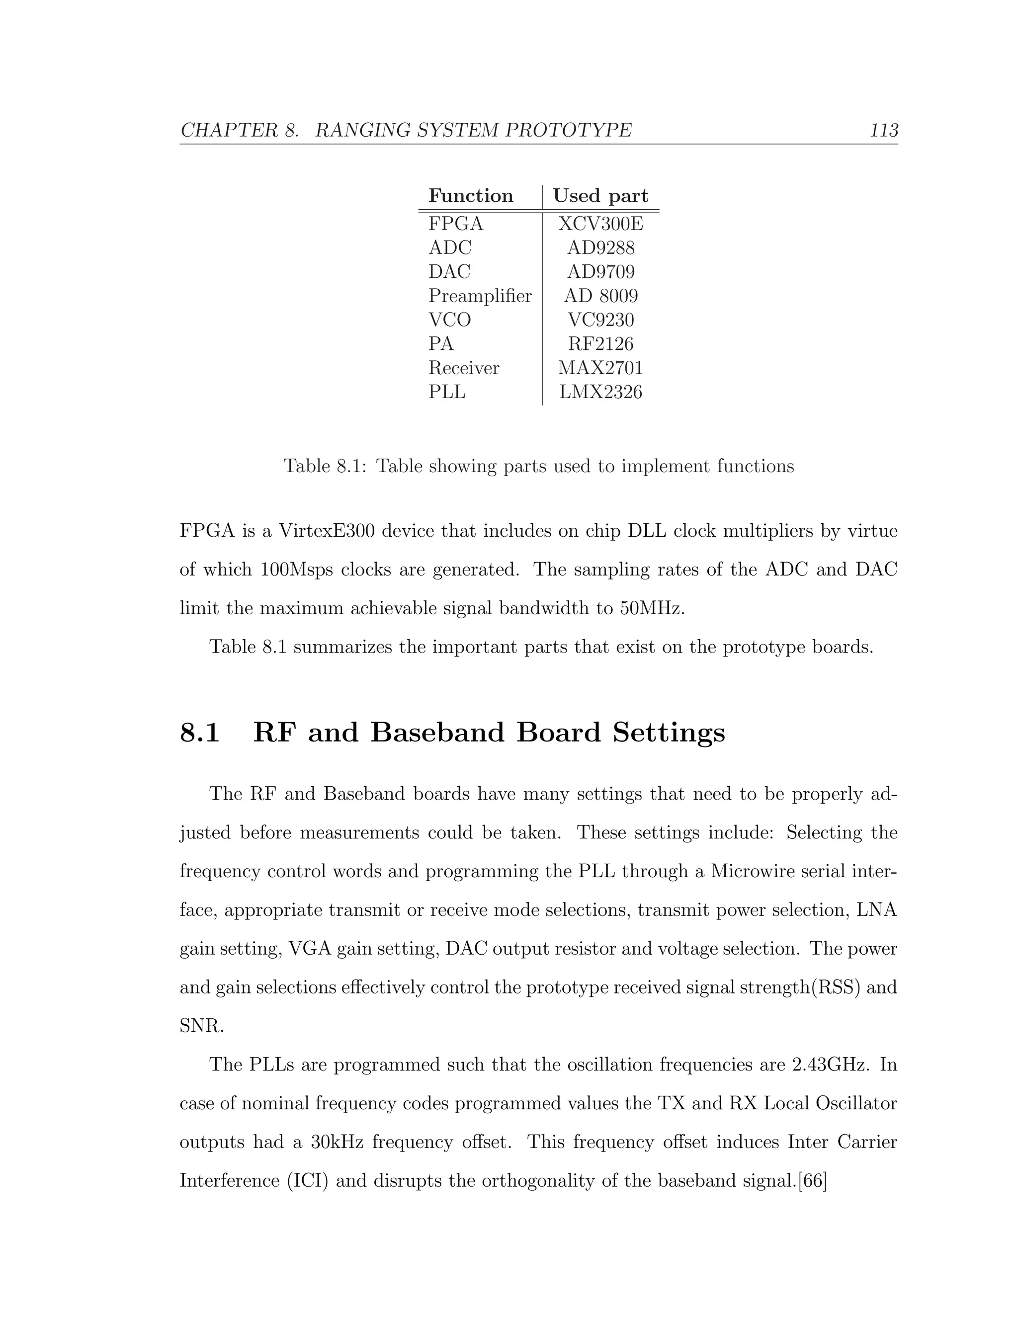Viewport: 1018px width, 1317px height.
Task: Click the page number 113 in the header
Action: pos(883,130)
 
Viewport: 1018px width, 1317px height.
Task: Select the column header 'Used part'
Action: pos(600,196)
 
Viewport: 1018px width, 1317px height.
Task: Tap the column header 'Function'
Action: pos(470,196)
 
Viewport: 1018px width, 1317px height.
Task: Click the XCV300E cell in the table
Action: pos(600,224)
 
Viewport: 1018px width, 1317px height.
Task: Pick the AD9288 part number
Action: pos(600,248)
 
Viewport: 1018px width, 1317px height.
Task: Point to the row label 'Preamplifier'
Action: pos(480,296)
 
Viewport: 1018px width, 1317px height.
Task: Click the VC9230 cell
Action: pos(600,320)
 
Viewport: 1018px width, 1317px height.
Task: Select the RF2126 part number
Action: pos(600,344)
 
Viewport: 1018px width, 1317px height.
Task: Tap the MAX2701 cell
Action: pos(600,368)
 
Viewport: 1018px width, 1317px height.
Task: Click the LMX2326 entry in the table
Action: pos(600,393)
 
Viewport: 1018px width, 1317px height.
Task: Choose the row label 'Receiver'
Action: pos(464,368)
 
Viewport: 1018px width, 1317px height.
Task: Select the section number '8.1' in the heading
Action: pos(200,733)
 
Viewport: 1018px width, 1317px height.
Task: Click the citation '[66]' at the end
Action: pos(812,1181)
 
